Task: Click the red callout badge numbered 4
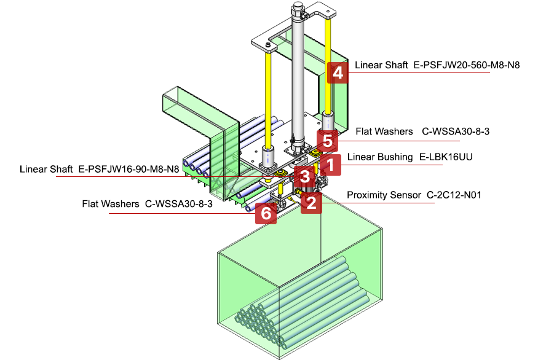pos(336,73)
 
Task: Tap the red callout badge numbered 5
pos(328,141)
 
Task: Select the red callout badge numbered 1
pos(330,164)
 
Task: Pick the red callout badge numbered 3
pos(304,177)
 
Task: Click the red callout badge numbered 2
pos(312,202)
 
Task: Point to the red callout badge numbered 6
pos(265,213)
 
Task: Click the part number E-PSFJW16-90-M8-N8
pos(129,168)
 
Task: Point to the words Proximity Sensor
pos(384,195)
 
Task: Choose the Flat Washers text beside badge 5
pos(384,131)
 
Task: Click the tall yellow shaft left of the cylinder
pos(269,98)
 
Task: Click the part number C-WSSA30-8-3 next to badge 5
pos(455,131)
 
